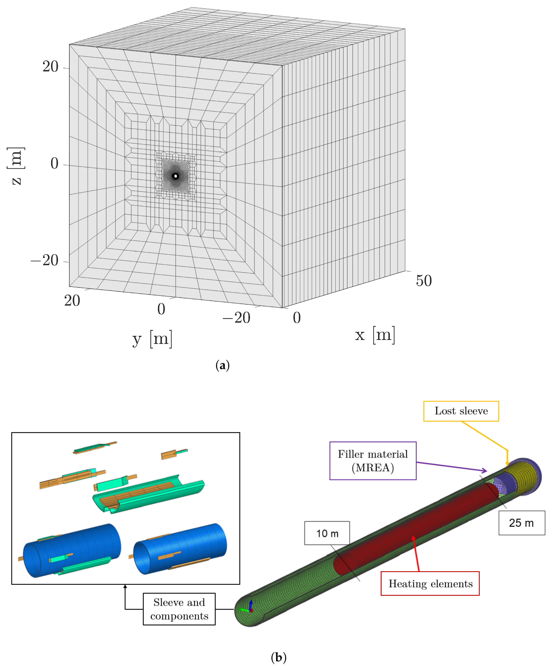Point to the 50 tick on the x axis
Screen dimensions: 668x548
tap(424, 281)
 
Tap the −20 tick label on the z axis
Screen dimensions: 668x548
tap(45, 261)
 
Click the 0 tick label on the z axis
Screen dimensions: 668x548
tap(54, 164)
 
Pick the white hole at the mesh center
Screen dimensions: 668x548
tap(176, 176)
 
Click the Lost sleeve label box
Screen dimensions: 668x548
tap(461, 411)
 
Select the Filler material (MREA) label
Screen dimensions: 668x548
tap(373, 461)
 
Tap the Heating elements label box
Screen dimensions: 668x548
tap(430, 584)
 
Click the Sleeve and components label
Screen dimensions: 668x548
tap(179, 609)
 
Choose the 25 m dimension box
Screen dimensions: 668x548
tap(521, 523)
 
